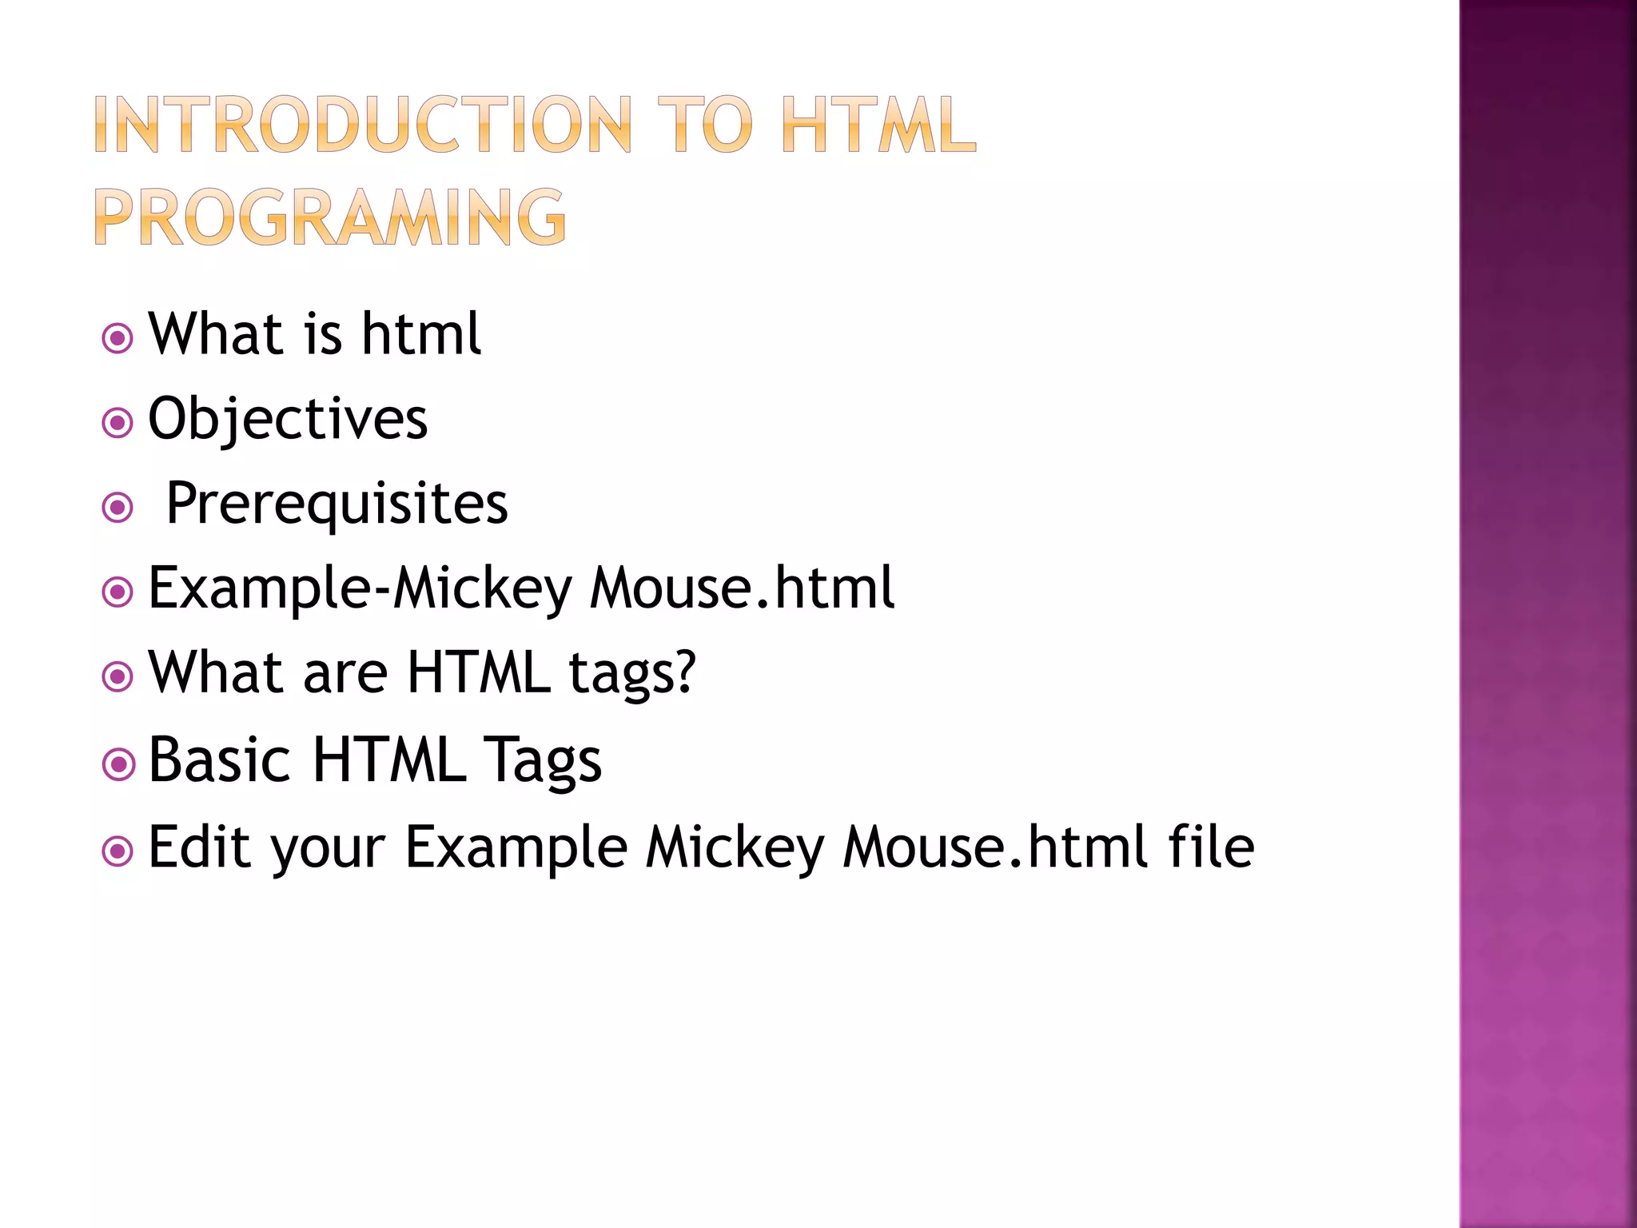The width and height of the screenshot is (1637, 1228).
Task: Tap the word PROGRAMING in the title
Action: coord(330,217)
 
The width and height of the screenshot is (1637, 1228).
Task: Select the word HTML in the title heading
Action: coord(878,125)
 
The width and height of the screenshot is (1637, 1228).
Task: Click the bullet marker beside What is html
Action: coord(117,338)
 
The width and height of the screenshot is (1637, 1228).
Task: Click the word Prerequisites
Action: coord(337,504)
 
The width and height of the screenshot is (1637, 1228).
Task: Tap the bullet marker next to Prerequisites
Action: coord(117,507)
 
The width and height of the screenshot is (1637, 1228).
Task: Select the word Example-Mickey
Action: coord(360,588)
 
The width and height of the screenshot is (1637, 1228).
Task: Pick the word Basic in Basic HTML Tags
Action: coord(219,760)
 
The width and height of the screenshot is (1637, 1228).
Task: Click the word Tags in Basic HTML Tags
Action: coord(543,760)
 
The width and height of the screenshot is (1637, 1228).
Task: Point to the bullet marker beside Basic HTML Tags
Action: coord(117,764)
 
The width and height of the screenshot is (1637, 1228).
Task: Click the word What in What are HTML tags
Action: coord(217,672)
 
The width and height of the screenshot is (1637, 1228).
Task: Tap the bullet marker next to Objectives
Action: coord(117,422)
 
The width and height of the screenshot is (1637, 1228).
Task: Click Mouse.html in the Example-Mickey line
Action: coord(743,588)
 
